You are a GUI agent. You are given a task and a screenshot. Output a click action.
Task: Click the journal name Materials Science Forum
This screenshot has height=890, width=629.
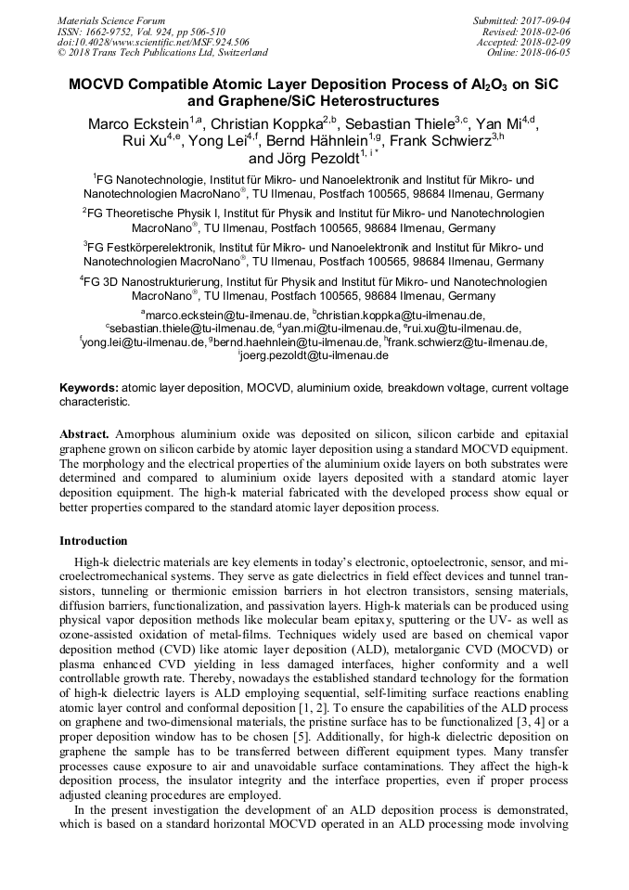pos(111,20)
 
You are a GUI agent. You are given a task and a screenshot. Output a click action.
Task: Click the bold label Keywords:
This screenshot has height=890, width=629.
pos(89,387)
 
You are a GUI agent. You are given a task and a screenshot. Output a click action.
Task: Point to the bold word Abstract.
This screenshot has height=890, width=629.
pos(84,433)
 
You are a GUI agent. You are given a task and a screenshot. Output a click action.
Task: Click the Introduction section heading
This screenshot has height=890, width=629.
pos(94,541)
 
